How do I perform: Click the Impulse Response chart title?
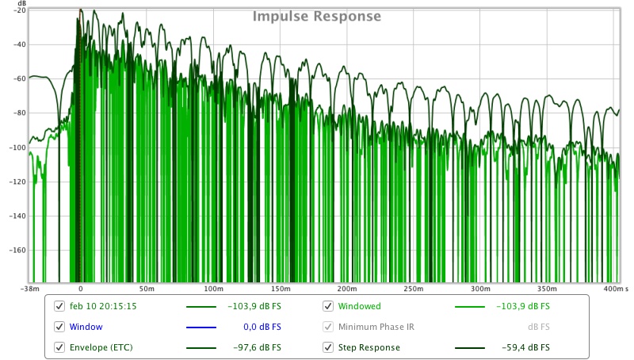click(317, 17)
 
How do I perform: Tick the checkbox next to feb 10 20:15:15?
click(59, 306)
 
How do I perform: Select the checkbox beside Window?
click(59, 327)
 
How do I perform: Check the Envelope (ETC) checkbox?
click(59, 347)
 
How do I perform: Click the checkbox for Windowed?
click(327, 306)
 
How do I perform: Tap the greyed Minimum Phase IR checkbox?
click(327, 327)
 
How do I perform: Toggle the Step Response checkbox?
click(327, 347)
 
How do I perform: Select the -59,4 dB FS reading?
click(525, 347)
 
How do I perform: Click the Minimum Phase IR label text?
click(376, 327)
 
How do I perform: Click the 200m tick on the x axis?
click(346, 289)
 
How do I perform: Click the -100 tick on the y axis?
click(17, 147)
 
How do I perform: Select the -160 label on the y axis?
click(17, 250)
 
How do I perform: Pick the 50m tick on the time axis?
click(147, 289)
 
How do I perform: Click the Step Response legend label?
click(369, 347)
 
